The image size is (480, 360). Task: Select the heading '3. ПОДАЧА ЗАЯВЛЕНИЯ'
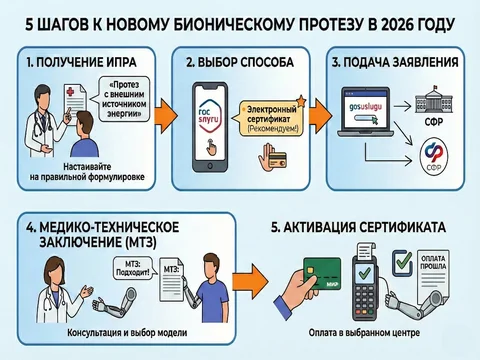point(395,63)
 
